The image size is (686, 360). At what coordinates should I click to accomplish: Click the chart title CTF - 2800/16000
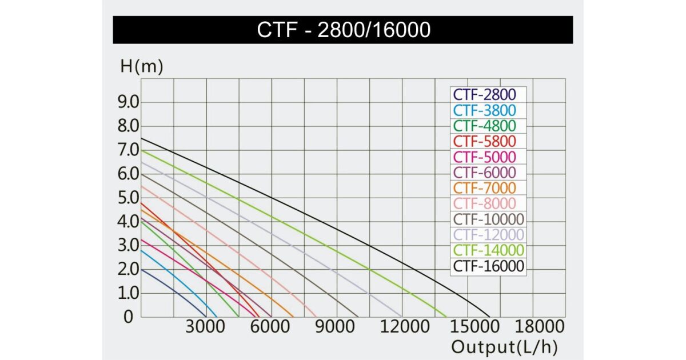point(343,30)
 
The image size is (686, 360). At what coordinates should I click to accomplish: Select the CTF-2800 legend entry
point(485,95)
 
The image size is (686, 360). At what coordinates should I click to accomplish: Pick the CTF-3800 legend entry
point(485,110)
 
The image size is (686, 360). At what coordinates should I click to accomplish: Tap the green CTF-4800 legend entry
point(485,126)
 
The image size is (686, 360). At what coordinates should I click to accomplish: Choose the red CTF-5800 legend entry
point(485,141)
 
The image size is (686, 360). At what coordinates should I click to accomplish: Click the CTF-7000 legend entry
point(485,188)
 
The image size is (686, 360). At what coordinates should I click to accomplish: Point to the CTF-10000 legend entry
point(488,219)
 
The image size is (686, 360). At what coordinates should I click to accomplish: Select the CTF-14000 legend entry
point(488,250)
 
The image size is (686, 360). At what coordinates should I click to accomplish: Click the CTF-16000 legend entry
point(488,266)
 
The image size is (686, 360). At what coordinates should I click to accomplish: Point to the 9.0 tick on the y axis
point(128,102)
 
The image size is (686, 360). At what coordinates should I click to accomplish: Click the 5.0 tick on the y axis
point(128,198)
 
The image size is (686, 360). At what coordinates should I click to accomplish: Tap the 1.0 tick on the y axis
point(128,293)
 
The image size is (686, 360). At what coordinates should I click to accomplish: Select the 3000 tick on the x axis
point(206,327)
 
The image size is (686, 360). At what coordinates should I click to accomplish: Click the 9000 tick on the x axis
point(336,327)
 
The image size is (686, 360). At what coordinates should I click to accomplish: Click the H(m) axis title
point(142,66)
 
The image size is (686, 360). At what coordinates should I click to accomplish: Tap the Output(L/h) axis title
point(504,347)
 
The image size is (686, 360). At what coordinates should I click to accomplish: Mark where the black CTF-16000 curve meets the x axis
point(490,317)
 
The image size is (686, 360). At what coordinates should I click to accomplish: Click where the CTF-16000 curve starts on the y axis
point(141,138)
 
